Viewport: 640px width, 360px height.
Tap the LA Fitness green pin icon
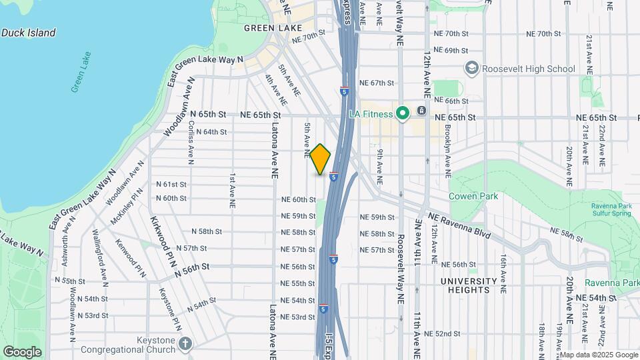[402, 113]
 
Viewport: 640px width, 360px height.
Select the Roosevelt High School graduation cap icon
[472, 68]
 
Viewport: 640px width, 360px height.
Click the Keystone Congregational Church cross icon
[185, 344]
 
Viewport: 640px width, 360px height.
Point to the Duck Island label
[28, 33]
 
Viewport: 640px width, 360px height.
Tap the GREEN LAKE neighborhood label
[273, 28]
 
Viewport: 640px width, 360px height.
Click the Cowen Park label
[473, 196]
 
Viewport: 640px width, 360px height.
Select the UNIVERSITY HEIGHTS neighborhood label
[469, 285]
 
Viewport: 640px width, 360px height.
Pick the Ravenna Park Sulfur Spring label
[614, 209]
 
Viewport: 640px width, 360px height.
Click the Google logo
[23, 352]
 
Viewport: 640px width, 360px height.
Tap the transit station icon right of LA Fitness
[421, 111]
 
